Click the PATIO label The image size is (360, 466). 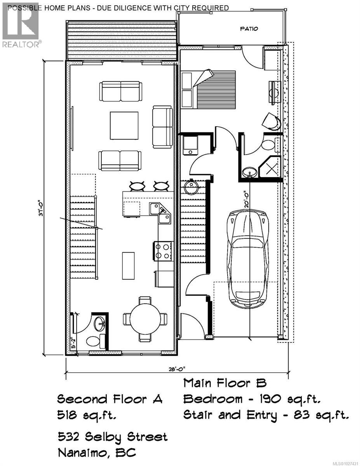coord(249,28)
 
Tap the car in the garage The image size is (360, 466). coord(247,259)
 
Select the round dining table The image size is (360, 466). coord(145,319)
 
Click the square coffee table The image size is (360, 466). coord(124,125)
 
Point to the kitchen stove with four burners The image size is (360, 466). coord(163,250)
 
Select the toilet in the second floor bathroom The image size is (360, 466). coord(93,341)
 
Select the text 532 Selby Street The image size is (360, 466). coord(112,436)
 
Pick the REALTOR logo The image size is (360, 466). coord(21,24)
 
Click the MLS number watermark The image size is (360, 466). coord(342,463)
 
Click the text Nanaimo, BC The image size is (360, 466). coord(97,453)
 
